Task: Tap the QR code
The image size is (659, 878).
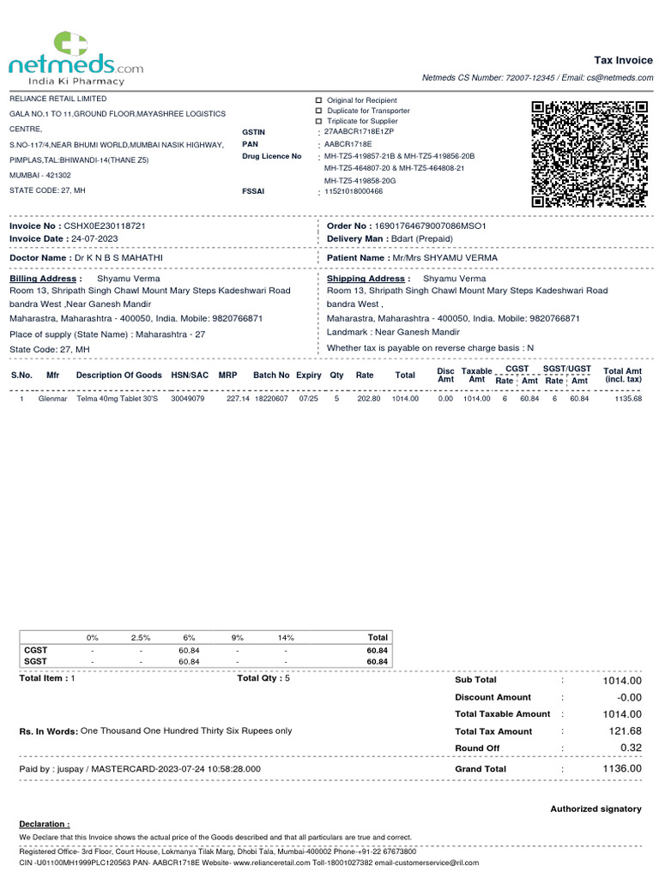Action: pos(589,153)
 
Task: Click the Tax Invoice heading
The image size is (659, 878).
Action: pos(623,60)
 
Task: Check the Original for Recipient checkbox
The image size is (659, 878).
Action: pos(319,100)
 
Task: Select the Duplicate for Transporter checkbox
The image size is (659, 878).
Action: pos(319,111)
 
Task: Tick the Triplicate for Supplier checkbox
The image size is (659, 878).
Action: pos(319,121)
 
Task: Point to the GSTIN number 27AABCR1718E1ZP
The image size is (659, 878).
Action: pos(359,132)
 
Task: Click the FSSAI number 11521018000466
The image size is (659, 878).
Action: pos(354,191)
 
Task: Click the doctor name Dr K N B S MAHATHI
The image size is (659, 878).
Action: pos(118,257)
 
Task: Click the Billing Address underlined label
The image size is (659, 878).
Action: pos(45,279)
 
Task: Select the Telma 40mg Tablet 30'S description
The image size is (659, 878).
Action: pos(117,399)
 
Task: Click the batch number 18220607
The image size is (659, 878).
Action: pos(271,399)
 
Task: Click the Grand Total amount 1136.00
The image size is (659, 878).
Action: pos(622,769)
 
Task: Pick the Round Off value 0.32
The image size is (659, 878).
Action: pos(631,749)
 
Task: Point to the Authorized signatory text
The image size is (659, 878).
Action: pos(596,809)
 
